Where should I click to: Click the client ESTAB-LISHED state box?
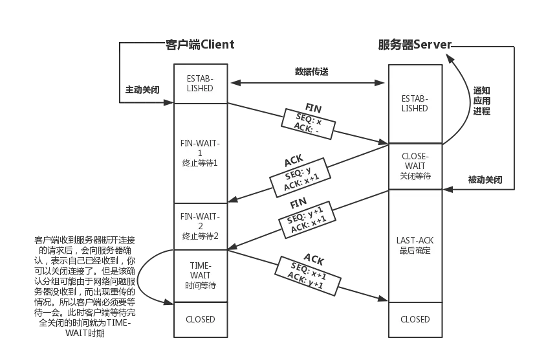point(200,83)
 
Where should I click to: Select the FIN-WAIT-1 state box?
point(200,153)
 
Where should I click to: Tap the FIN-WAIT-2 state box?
point(200,226)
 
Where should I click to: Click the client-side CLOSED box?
point(200,319)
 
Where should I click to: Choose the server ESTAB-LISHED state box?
point(415,104)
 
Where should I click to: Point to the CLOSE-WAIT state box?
point(415,166)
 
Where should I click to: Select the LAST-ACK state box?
point(415,245)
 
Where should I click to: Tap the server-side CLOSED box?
point(415,319)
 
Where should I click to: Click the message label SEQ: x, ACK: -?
point(307,124)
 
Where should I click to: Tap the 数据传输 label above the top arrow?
point(313,72)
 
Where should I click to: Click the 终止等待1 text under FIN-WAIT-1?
point(200,163)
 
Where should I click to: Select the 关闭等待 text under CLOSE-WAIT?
point(415,176)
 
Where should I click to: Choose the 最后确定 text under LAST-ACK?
point(415,251)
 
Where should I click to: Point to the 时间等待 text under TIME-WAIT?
point(200,286)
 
